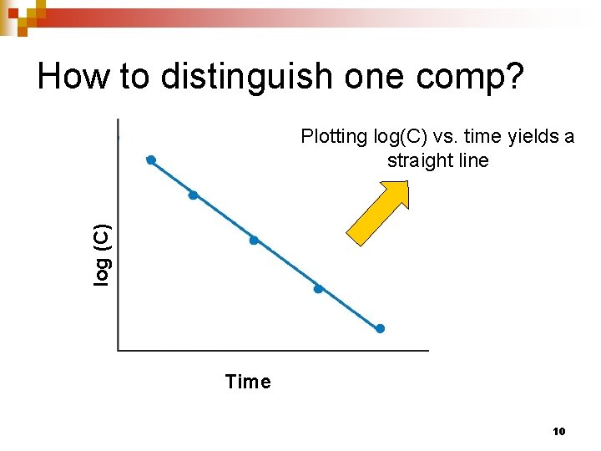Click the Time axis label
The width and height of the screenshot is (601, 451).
click(x=248, y=383)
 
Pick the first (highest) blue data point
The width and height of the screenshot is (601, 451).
click(x=151, y=160)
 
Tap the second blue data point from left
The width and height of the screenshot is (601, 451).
click(x=193, y=195)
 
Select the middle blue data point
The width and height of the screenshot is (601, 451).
click(x=254, y=241)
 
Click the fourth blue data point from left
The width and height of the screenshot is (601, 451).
click(x=318, y=289)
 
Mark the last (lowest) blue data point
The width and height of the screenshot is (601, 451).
click(x=380, y=329)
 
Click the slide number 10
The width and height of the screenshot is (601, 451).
click(x=559, y=432)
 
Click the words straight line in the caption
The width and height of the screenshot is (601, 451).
click(x=437, y=160)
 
